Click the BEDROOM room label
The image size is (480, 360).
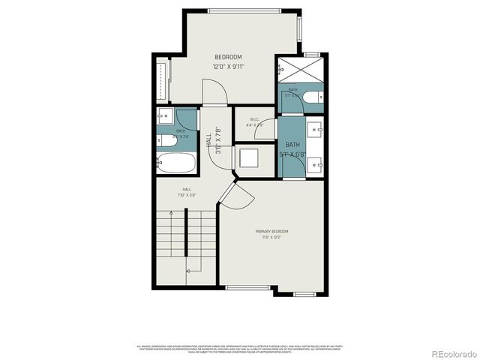pyautogui.click(x=228, y=57)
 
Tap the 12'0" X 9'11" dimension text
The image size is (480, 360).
pyautogui.click(x=228, y=67)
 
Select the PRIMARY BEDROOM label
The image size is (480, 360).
pyautogui.click(x=271, y=232)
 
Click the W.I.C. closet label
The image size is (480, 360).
pyautogui.click(x=253, y=118)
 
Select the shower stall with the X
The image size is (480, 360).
pyautogui.click(x=301, y=72)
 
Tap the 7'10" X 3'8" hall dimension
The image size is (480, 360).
pyautogui.click(x=187, y=195)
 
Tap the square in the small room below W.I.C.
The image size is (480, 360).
pyautogui.click(x=248, y=158)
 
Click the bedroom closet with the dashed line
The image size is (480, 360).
pyautogui.click(x=164, y=79)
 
